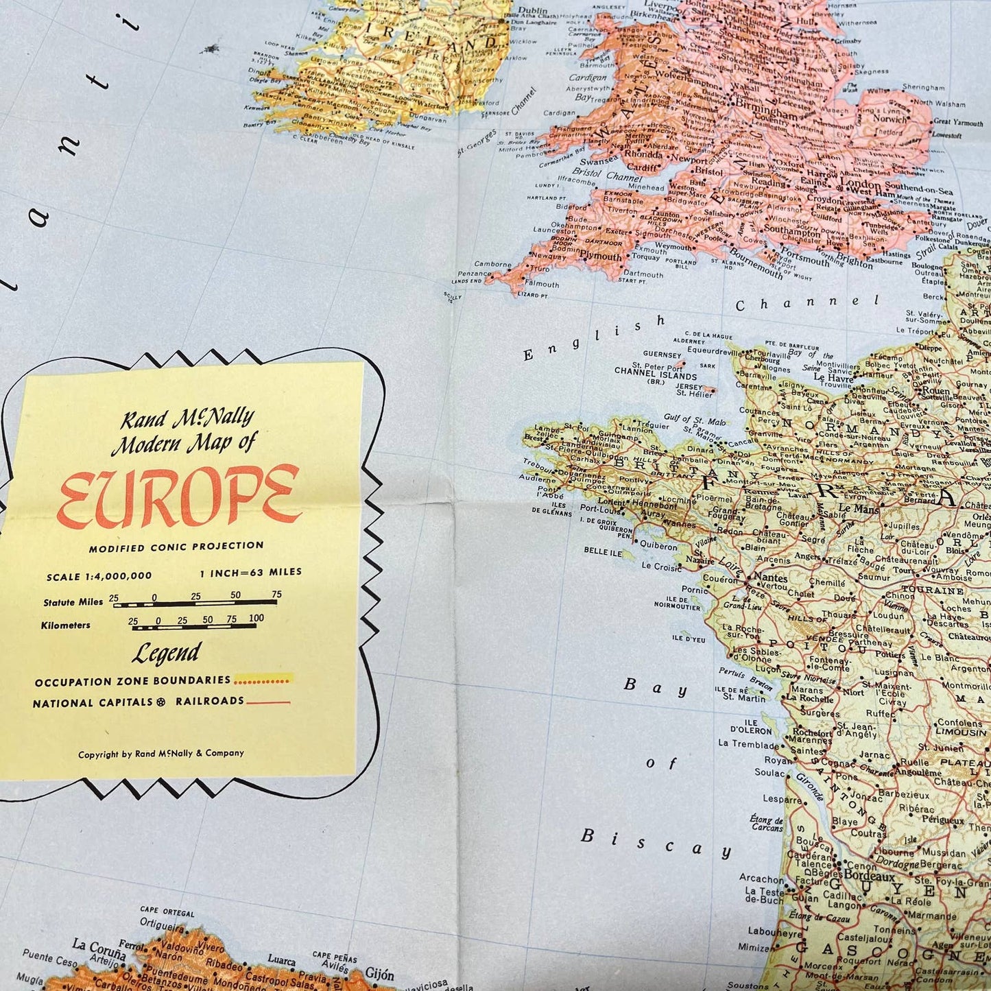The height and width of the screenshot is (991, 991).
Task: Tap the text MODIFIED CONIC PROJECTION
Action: tap(176, 547)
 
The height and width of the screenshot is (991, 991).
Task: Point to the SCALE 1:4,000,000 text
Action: tap(99, 576)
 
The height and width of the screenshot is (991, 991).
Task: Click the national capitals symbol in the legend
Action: tap(160, 702)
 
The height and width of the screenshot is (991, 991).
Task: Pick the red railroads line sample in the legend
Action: tap(268, 702)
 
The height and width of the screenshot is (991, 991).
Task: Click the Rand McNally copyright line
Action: tap(161, 754)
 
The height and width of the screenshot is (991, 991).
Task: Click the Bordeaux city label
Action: tap(869, 876)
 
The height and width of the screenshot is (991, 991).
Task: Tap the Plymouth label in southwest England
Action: tap(601, 256)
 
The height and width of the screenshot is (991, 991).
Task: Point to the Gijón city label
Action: tap(379, 974)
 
